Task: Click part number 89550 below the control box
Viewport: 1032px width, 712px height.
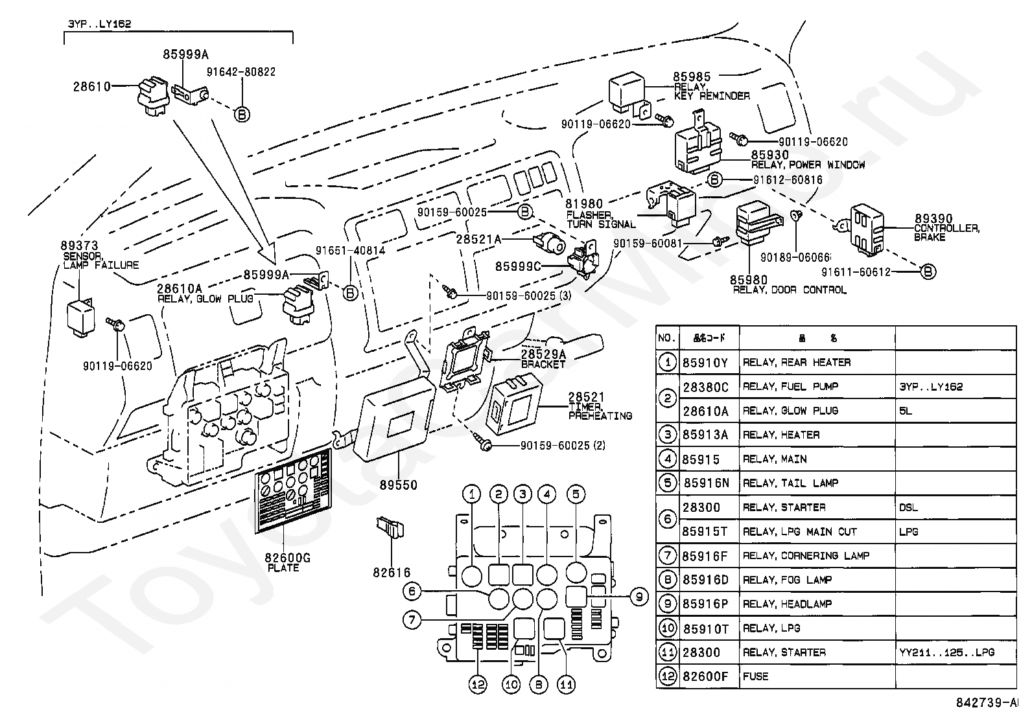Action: tap(399, 485)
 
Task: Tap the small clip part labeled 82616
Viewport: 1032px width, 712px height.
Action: tap(391, 528)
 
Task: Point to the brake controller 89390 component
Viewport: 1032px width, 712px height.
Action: tap(866, 227)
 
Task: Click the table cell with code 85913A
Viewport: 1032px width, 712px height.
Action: tap(705, 435)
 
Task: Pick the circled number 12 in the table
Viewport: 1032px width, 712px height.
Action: tap(667, 676)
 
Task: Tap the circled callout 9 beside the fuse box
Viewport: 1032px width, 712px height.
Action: tap(639, 596)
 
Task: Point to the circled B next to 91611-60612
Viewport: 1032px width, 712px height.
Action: tap(928, 272)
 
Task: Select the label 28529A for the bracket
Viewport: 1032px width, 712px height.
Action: tap(543, 354)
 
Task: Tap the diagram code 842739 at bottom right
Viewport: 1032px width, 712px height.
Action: tap(985, 703)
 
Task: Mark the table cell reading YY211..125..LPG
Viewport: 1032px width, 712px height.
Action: tap(946, 652)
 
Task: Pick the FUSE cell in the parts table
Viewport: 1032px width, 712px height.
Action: tap(755, 676)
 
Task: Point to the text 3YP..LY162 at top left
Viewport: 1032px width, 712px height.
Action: tap(100, 24)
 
